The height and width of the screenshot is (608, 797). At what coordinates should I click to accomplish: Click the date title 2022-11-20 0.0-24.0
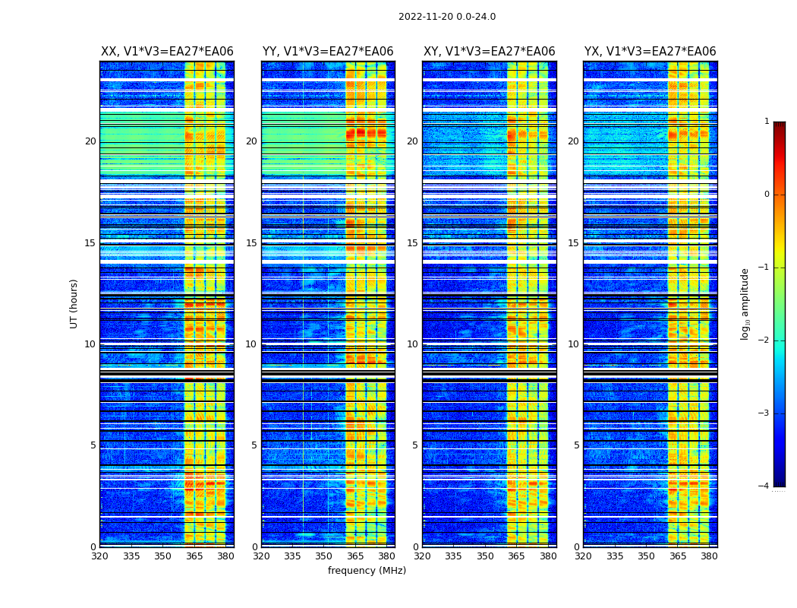(x=447, y=17)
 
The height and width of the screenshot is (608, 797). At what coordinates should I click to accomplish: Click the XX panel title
(x=167, y=52)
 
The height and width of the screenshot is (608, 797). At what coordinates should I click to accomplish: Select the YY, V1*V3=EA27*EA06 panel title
(x=328, y=52)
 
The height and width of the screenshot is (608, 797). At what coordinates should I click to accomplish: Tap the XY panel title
(x=489, y=52)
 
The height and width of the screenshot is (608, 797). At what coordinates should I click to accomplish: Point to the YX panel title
(x=650, y=52)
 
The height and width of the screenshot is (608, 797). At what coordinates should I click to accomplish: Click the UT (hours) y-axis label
(x=74, y=303)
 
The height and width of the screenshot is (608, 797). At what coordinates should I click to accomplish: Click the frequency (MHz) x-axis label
(x=367, y=571)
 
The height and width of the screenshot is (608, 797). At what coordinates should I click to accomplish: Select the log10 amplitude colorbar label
(x=745, y=303)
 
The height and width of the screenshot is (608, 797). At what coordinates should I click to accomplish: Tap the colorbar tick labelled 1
(x=767, y=122)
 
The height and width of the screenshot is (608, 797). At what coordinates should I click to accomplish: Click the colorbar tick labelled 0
(x=767, y=195)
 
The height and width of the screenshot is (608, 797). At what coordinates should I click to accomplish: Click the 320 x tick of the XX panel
(x=100, y=556)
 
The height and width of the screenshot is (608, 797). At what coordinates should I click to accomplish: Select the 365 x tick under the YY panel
(x=355, y=556)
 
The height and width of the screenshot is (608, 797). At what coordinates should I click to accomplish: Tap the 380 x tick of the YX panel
(x=709, y=556)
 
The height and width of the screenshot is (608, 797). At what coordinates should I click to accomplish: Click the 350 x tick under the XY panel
(x=484, y=556)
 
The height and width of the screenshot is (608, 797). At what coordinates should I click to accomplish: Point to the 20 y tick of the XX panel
(x=90, y=141)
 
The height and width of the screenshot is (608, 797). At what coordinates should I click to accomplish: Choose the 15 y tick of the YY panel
(x=251, y=243)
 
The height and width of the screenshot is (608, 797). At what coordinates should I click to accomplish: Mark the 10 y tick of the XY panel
(x=412, y=344)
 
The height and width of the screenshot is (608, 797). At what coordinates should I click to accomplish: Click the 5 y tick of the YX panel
(x=576, y=445)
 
